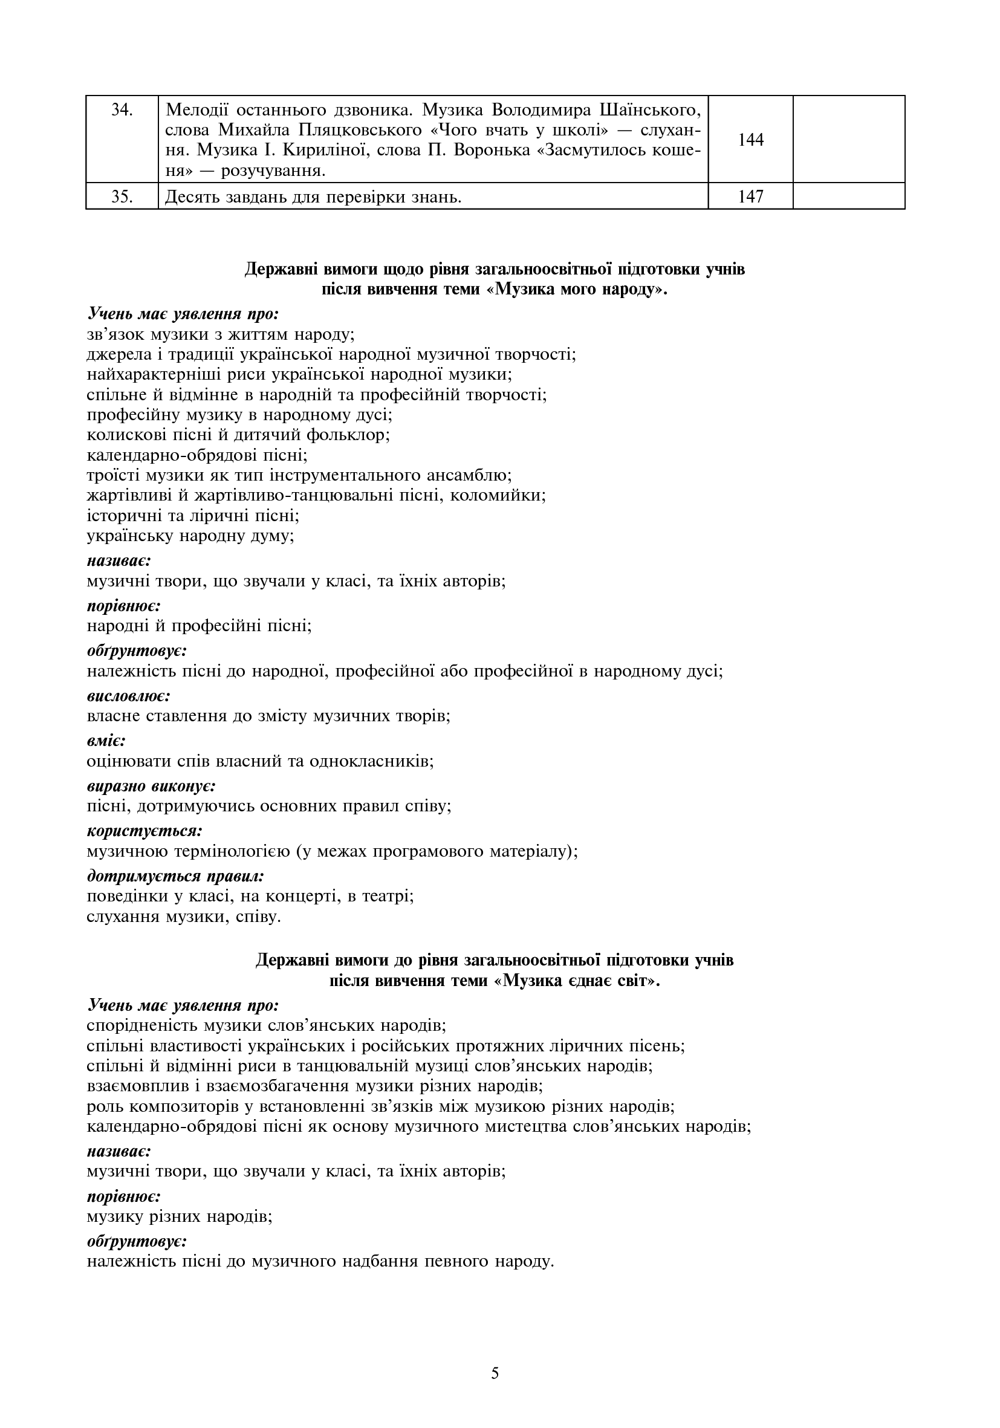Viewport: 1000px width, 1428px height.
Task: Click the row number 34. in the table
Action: click(x=122, y=110)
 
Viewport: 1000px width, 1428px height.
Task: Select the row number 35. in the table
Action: click(x=122, y=196)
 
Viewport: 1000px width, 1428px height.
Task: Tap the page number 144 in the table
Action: click(x=751, y=140)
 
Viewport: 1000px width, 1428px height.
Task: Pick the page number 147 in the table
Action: click(x=751, y=196)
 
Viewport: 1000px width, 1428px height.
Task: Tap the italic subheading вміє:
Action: click(x=106, y=741)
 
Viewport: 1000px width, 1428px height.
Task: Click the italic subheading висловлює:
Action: click(x=129, y=696)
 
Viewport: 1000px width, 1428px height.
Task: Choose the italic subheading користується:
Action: click(x=145, y=831)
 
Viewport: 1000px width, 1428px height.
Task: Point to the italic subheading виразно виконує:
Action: click(x=151, y=785)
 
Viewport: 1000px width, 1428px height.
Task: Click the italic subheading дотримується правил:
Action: click(x=176, y=875)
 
